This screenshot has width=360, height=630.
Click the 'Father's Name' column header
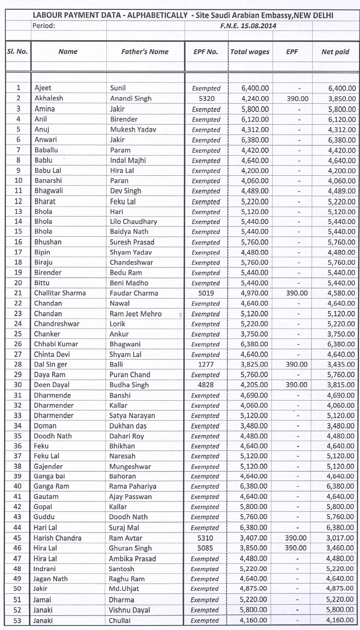(x=145, y=52)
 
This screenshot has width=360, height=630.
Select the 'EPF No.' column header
(x=206, y=52)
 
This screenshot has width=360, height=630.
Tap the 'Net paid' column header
(x=335, y=52)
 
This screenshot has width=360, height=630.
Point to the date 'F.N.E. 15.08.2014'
(x=248, y=26)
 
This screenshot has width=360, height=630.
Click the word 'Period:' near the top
(x=44, y=26)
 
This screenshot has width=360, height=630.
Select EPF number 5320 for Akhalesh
(x=206, y=99)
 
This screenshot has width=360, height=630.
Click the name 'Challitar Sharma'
(x=60, y=293)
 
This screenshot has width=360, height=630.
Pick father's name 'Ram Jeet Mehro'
(x=135, y=314)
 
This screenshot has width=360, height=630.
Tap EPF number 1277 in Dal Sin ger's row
(x=206, y=364)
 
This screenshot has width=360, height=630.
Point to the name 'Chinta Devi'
(x=52, y=354)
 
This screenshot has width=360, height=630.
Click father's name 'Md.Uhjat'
(x=124, y=589)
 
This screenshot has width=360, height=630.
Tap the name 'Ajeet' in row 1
(x=43, y=88)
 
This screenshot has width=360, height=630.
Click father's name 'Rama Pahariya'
(x=133, y=487)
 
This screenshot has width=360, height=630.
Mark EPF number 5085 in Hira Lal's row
(x=206, y=548)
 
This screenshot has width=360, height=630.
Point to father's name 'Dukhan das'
(x=129, y=426)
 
